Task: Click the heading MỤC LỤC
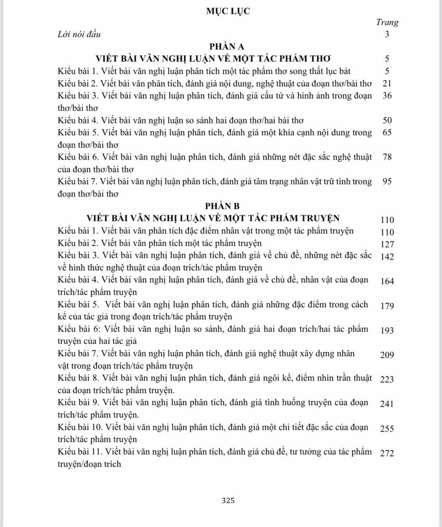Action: point(228,11)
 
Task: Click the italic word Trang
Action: point(387,22)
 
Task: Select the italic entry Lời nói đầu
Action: point(79,34)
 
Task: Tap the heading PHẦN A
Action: point(227,46)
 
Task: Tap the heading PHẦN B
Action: point(222,206)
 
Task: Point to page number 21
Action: point(387,83)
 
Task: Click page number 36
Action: point(387,95)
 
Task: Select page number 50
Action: point(387,120)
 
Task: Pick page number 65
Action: point(387,132)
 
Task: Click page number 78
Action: point(387,157)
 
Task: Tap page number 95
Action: point(387,181)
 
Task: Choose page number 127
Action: point(387,244)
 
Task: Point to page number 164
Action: point(387,281)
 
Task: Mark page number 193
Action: point(387,330)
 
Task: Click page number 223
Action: point(387,379)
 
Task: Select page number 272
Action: point(387,453)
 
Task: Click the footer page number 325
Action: point(228,500)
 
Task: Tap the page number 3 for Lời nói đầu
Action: point(387,34)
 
